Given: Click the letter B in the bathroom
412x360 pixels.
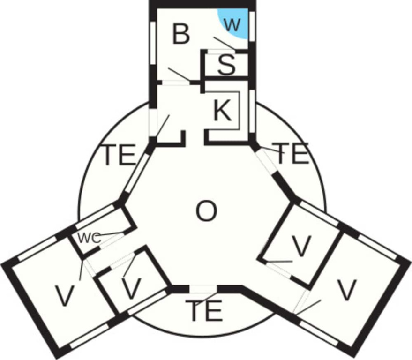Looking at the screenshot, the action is (181, 34).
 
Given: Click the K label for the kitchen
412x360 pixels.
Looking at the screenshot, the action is (223, 111).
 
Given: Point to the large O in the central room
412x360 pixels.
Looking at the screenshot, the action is (207, 211).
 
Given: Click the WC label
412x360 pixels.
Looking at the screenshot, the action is (90, 238).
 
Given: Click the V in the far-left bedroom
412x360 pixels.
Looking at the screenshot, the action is (65, 296).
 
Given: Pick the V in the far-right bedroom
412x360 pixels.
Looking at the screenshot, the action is (347, 290).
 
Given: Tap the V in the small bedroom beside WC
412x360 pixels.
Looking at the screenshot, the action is (132, 289).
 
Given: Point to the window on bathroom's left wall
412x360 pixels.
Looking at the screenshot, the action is (153, 43).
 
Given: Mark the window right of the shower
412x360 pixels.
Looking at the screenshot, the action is (252, 26).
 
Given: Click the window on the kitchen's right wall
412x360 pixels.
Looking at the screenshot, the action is (252, 111).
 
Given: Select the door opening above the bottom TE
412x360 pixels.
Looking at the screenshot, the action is (203, 289).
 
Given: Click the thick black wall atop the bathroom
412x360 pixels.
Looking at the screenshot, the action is (202, 4).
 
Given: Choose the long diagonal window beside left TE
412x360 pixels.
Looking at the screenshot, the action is (135, 173).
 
